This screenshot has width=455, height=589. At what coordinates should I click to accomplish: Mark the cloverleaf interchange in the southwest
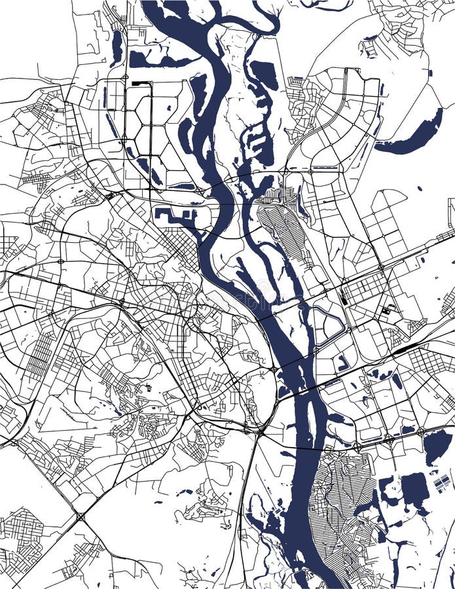(81, 517)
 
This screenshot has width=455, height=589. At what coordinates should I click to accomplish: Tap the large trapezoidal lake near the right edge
(437, 445)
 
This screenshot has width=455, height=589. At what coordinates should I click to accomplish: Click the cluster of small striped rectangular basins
(443, 484)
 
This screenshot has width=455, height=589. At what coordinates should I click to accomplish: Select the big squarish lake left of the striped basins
(414, 490)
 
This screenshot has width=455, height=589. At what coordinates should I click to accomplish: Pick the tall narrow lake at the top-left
(117, 47)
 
